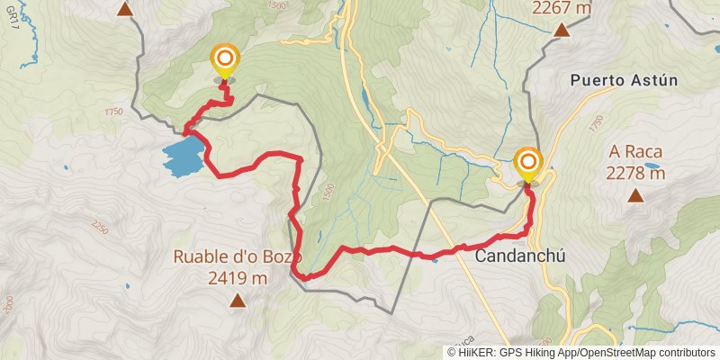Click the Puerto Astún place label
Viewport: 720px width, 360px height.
[623, 80]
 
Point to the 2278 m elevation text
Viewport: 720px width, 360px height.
[635, 173]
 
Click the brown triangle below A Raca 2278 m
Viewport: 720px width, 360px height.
[636, 195]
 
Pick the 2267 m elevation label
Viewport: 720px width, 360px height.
[562, 8]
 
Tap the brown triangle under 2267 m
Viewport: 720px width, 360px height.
[562, 30]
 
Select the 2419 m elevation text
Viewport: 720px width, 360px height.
[238, 279]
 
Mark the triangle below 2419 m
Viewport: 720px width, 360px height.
[238, 301]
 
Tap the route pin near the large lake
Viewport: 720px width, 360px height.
[224, 62]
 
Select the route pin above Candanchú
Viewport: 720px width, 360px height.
[528, 165]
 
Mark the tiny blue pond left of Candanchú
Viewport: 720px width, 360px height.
[436, 257]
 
